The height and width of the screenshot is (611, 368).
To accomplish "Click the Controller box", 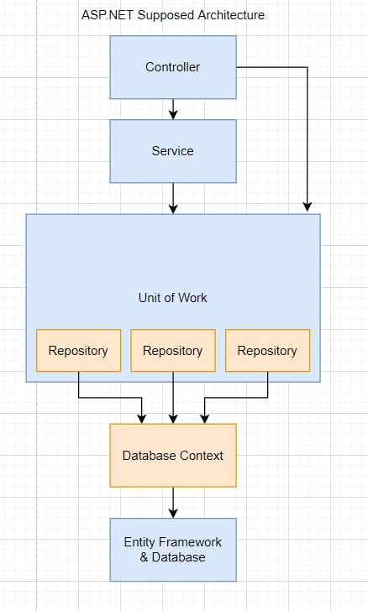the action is coord(173,67).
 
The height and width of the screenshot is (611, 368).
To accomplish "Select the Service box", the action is coord(173,151).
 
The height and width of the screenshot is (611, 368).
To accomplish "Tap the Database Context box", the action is coord(173,455).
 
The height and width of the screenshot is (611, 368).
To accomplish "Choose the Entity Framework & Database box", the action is coord(173,550).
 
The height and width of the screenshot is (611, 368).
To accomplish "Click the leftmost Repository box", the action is coord(78,350).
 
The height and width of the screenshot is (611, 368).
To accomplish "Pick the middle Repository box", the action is coord(173,350).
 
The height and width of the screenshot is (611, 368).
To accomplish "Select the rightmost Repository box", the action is coord(268,350).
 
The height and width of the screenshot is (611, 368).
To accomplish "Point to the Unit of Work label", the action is coord(172,298).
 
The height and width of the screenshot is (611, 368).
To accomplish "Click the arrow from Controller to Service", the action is coord(173,109).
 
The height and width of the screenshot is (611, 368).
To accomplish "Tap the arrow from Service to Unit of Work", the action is coord(173,198).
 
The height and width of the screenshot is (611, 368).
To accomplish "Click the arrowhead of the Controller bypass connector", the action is coord(308,206).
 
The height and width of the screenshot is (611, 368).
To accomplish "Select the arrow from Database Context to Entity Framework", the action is coord(173,503).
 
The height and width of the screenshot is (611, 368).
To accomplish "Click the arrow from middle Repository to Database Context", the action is coord(173,398).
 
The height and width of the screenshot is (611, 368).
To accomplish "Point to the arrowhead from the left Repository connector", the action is coord(142,418).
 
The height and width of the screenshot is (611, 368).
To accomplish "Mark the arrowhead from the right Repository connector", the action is coord(204,418).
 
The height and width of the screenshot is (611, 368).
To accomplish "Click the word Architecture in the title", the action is coord(231,15).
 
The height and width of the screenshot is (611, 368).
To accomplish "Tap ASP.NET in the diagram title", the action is coord(108,15).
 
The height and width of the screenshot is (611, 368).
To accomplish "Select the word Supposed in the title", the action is coord(166,16).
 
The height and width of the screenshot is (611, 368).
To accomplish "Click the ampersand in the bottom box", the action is coord(144,557).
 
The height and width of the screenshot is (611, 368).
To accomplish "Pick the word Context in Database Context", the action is coord(202,455).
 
